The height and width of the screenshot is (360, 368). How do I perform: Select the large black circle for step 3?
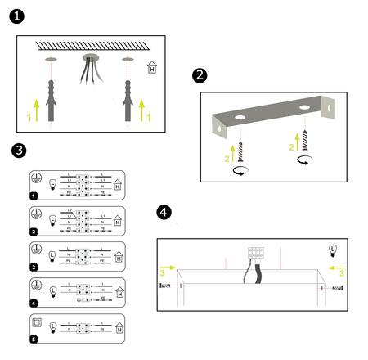tap(20, 151)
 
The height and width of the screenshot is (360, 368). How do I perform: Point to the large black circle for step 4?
tap(164, 213)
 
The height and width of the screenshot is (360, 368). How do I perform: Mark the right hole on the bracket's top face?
tap(303, 107)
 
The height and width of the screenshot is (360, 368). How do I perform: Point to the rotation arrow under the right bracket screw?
tap(303, 161)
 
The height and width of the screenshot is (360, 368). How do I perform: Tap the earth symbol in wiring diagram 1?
tap(36, 177)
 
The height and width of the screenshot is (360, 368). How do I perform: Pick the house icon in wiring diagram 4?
tap(119, 291)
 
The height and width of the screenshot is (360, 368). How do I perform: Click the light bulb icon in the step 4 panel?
tap(332, 249)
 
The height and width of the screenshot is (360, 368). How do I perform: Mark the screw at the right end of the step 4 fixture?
tap(335, 288)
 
